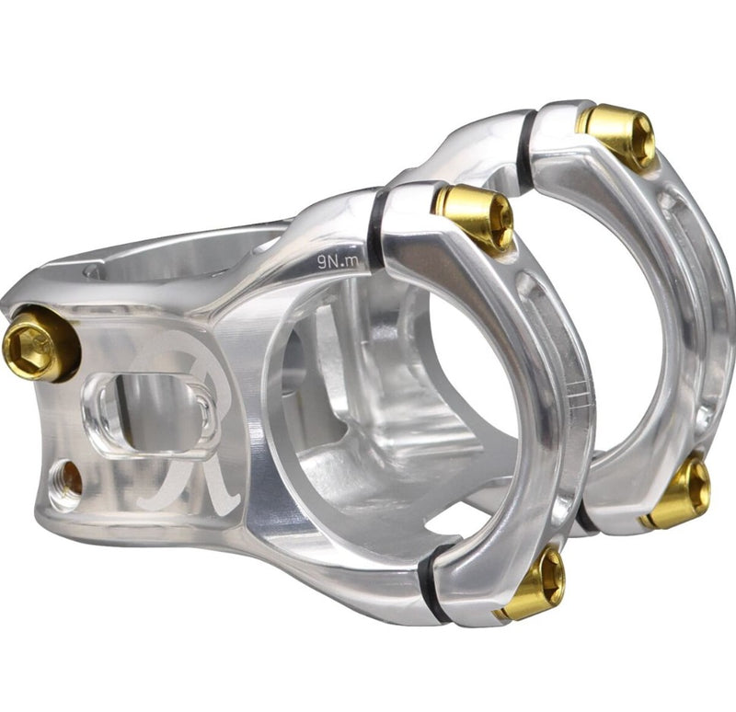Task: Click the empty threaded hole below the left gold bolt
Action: (65, 477)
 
